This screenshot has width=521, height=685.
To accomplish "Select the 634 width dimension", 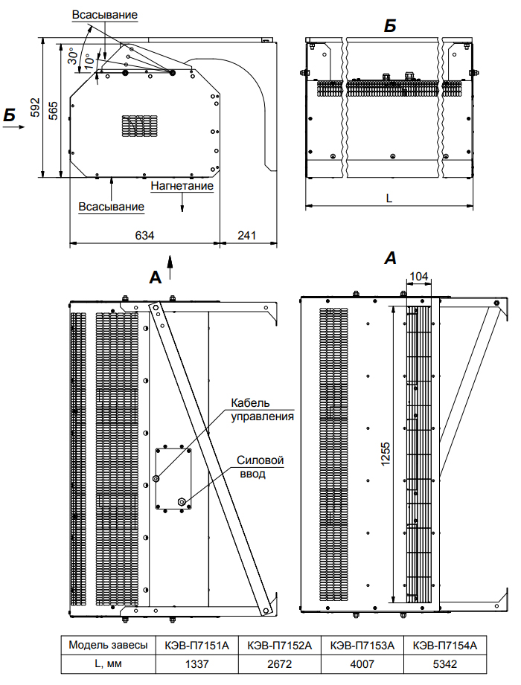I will (x=144, y=235).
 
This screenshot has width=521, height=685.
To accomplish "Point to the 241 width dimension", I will (x=246, y=235).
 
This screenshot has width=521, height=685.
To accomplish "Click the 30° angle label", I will (x=74, y=58).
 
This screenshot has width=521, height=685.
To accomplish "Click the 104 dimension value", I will (x=419, y=277).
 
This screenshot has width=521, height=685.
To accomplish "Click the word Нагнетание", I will (x=182, y=186).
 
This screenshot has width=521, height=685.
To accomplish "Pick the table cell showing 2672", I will (x=279, y=663).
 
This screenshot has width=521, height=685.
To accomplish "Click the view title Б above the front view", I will (x=389, y=26).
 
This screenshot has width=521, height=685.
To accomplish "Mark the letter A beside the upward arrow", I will (x=156, y=277).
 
